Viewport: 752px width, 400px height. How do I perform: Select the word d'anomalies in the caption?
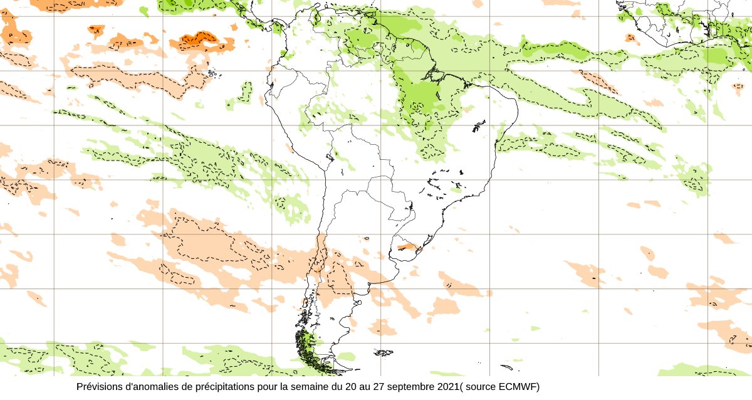point(152,387)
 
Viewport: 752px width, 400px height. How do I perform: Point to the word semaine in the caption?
point(310,387)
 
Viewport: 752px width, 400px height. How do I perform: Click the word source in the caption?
point(482,387)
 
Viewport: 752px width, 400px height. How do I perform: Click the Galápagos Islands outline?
point(211,74)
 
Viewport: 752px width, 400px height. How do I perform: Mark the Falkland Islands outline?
point(384,353)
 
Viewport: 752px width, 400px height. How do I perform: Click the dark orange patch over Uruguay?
point(406,248)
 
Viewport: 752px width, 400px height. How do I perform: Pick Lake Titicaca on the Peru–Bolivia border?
point(328,157)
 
